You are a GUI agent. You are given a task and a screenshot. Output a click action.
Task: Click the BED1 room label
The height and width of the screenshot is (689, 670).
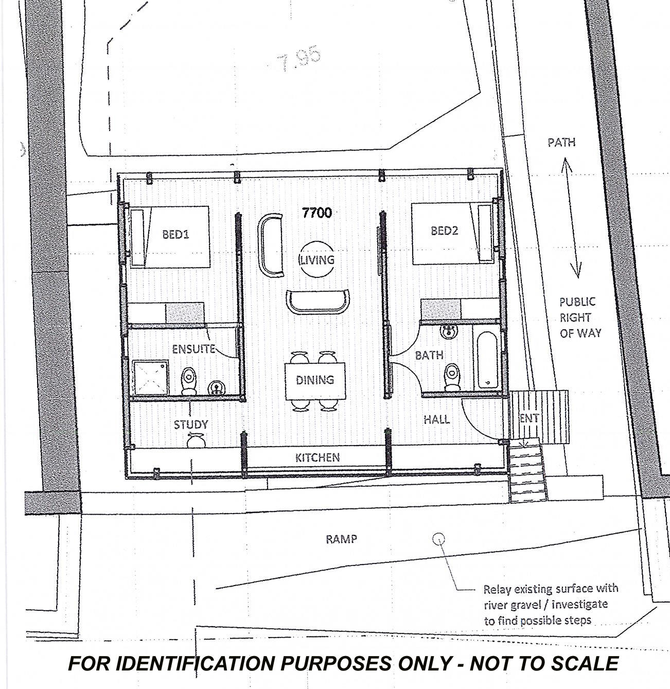click(175, 235)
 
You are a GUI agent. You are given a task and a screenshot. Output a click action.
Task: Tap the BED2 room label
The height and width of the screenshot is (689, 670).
click(444, 231)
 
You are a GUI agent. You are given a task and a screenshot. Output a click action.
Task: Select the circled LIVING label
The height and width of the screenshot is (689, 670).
click(316, 260)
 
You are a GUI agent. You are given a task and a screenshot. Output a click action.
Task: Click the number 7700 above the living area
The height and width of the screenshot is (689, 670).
click(316, 213)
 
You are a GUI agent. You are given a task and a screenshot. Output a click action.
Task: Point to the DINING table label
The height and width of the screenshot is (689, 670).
click(314, 380)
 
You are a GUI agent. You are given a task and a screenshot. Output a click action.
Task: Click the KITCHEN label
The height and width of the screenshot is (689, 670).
click(317, 457)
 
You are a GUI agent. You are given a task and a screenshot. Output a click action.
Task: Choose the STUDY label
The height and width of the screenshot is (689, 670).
click(190, 425)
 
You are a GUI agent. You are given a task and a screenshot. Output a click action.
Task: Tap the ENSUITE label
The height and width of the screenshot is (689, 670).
click(193, 349)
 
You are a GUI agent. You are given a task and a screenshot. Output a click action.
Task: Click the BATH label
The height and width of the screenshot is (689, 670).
click(429, 355)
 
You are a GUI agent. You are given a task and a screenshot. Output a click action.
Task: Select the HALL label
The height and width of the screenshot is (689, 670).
click(436, 419)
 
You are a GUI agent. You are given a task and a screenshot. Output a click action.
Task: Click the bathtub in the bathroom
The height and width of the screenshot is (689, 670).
click(486, 361)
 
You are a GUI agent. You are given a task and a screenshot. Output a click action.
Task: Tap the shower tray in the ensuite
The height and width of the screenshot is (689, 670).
click(151, 377)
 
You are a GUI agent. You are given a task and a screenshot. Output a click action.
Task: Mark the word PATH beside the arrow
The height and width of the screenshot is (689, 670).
click(561, 143)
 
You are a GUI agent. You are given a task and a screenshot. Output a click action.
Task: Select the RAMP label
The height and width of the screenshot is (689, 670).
click(341, 539)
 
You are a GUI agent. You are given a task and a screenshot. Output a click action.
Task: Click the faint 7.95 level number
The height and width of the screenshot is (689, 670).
click(299, 60)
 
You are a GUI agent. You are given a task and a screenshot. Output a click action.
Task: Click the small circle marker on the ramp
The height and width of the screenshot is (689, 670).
click(439, 539)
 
